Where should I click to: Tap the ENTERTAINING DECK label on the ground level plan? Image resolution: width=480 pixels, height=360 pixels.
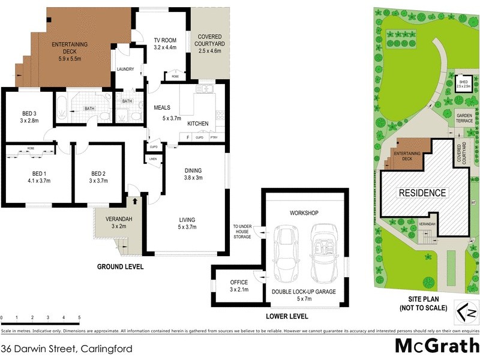tap(70, 44)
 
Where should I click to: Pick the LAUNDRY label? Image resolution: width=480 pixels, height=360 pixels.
tap(125, 69)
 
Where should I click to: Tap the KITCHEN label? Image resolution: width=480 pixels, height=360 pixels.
tap(198, 124)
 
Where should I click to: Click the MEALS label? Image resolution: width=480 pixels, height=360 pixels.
tap(163, 108)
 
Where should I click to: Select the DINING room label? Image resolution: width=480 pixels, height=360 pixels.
tap(193, 170)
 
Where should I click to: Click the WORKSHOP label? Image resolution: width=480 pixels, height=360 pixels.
tap(303, 213)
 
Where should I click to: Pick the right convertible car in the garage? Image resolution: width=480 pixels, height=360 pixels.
tap(324, 253)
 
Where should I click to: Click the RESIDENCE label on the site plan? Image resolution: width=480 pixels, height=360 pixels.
tap(423, 193)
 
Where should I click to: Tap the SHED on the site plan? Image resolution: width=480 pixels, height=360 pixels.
tap(463, 83)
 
